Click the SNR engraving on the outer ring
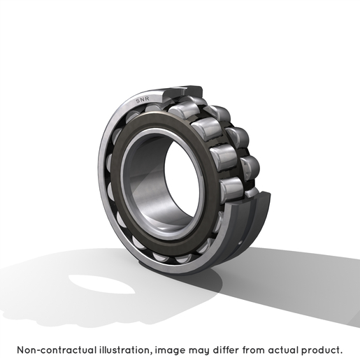click(143, 100)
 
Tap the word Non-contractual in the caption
click(57, 350)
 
